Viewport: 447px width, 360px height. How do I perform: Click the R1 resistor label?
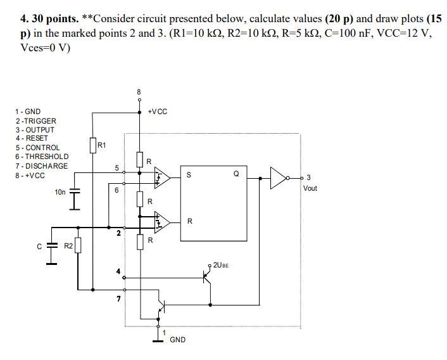pyautogui.click(x=102, y=145)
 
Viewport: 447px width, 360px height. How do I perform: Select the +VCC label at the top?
pyautogui.click(x=157, y=112)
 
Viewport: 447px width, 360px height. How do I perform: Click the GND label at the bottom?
pyautogui.click(x=178, y=340)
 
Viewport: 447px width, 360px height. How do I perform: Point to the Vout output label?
pyautogui.click(x=310, y=188)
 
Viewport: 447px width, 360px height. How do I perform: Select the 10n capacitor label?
pyautogui.click(x=60, y=191)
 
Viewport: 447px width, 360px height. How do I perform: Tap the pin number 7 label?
pyautogui.click(x=118, y=299)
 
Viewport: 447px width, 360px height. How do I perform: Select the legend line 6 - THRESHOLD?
pyautogui.click(x=42, y=157)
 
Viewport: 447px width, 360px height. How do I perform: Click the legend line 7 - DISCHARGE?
pyautogui.click(x=41, y=166)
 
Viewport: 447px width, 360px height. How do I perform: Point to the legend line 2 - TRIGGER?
pyautogui.click(x=36, y=120)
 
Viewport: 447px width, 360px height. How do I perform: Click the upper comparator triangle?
pyautogui.click(x=162, y=178)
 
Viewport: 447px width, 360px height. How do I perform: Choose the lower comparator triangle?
pyautogui.click(x=162, y=221)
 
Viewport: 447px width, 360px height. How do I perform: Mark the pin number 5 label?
pyautogui.click(x=116, y=168)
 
